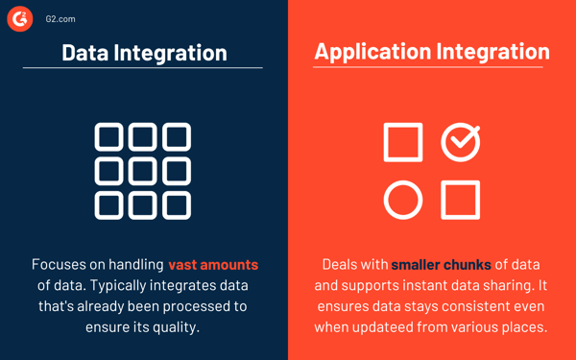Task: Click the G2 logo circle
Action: (x=21, y=18)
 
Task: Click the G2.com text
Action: (x=60, y=18)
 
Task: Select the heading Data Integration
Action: (x=144, y=52)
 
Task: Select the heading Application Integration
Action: (x=432, y=51)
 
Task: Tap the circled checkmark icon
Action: (x=461, y=142)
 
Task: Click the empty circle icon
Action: (x=403, y=200)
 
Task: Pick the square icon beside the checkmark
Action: (x=403, y=142)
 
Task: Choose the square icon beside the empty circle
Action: (x=461, y=200)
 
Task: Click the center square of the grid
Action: (x=143, y=171)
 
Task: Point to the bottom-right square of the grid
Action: (x=177, y=204)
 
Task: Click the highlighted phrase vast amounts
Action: (x=213, y=264)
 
